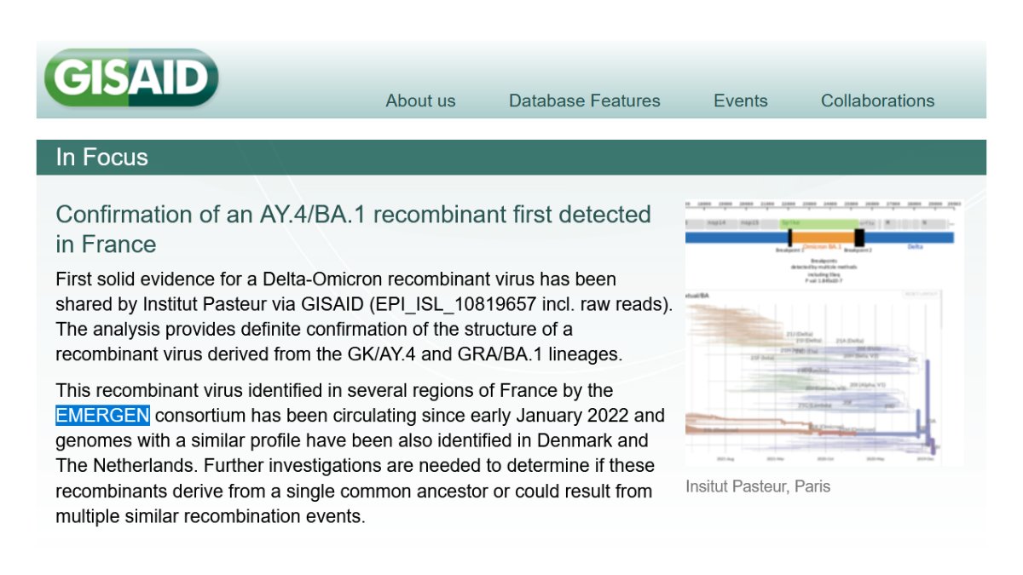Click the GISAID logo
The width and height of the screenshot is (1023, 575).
point(131,78)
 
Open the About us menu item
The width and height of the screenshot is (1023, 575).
point(420,101)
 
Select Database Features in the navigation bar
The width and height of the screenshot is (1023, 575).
point(584,101)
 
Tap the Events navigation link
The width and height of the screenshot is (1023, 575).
point(740,101)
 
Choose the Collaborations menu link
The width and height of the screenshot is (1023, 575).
point(877,101)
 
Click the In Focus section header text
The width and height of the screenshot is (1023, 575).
point(101,158)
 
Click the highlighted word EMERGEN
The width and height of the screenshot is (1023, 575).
point(102,416)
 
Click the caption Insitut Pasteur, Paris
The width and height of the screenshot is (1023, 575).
point(757,486)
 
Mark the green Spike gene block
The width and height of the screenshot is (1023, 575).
point(818,222)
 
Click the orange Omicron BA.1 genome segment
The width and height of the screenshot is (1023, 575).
point(823,238)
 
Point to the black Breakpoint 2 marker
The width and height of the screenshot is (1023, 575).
point(859,238)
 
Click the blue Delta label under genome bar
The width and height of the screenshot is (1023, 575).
point(915,247)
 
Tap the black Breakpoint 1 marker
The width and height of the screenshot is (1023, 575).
point(789,238)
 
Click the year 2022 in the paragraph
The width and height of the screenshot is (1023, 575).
point(600,416)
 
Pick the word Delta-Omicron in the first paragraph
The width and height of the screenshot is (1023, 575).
point(274,279)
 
